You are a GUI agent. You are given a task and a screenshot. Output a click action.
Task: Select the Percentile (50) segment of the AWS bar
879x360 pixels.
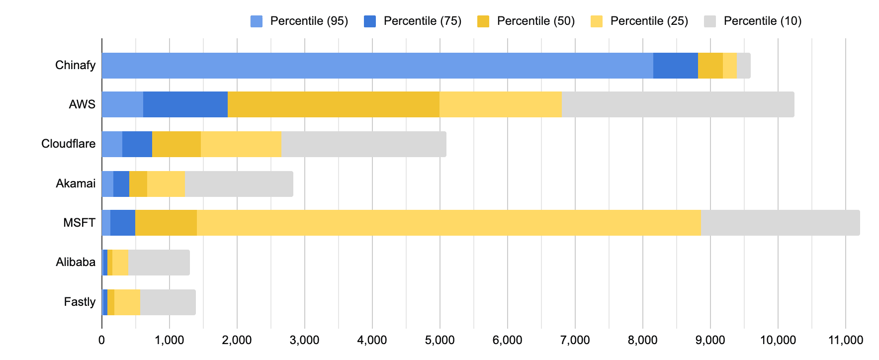333,104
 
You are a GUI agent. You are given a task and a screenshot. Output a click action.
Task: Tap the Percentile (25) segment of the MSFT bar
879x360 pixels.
448,223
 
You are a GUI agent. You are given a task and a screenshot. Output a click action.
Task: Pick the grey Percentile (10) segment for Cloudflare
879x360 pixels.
363,144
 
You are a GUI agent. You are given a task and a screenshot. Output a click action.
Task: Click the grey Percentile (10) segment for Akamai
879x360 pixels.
239,184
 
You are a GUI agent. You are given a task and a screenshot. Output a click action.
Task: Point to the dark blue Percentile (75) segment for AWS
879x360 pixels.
185,104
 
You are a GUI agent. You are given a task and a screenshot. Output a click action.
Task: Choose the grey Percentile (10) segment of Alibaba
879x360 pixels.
159,263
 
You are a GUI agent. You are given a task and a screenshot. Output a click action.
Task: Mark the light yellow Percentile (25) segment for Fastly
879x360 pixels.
127,302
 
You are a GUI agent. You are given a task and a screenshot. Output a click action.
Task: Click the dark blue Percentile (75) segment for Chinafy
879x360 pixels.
675,65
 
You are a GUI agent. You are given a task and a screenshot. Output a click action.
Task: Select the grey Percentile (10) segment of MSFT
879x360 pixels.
780,223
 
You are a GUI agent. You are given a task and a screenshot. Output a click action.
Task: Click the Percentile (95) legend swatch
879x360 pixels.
257,21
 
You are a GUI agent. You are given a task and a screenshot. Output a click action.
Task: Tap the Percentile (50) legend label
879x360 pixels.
535,21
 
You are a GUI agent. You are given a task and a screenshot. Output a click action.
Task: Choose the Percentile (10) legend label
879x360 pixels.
762,21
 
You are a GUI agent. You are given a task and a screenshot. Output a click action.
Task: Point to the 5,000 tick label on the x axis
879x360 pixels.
439,340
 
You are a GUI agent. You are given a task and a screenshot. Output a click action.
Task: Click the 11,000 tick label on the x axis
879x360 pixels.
845,340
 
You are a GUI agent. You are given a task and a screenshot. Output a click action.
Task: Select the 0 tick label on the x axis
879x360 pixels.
102,340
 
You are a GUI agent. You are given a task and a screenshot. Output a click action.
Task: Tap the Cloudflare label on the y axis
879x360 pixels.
68,144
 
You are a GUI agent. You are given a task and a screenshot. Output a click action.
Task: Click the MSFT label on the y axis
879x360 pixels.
79,223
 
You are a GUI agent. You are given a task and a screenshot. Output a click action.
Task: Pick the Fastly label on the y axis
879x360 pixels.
80,302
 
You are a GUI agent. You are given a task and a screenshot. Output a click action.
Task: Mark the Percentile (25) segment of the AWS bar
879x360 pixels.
500,104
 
